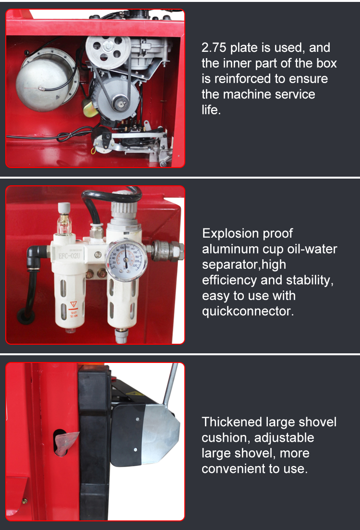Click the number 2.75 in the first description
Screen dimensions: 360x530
click(214, 48)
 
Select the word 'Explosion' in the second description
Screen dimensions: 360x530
click(230, 234)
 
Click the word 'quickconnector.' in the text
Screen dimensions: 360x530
click(248, 311)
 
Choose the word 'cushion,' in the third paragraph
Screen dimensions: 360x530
click(226, 438)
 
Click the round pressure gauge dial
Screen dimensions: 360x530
click(126, 260)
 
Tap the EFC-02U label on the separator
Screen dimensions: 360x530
click(69, 256)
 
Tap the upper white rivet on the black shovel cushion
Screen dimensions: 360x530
click(138, 419)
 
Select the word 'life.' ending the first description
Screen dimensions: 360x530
click(211, 110)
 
